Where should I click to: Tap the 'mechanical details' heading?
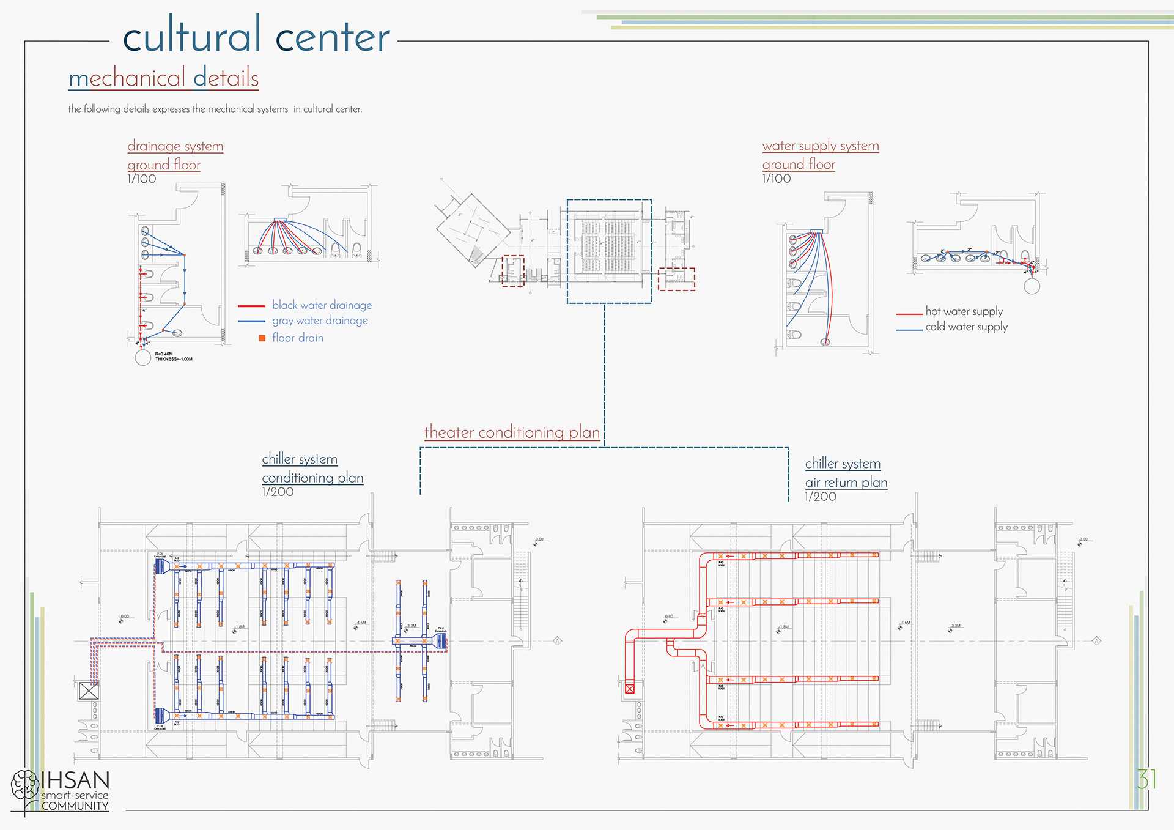pyautogui.click(x=163, y=78)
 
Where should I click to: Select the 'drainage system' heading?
pyautogui.click(x=175, y=146)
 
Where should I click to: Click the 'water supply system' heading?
pyautogui.click(x=820, y=146)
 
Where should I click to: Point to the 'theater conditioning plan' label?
pyautogui.click(x=512, y=432)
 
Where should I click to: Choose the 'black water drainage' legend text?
pyautogui.click(x=322, y=305)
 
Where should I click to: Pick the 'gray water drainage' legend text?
pyautogui.click(x=320, y=321)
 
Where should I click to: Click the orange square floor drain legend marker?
pyautogui.click(x=262, y=338)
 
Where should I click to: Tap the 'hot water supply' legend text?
pyautogui.click(x=964, y=311)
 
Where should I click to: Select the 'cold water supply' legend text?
pyautogui.click(x=966, y=327)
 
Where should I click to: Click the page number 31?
pyautogui.click(x=1146, y=780)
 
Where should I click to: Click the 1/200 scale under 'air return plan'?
pyautogui.click(x=820, y=497)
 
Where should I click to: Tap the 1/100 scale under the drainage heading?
pyautogui.click(x=142, y=179)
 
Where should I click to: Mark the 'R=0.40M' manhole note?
pyautogui.click(x=164, y=354)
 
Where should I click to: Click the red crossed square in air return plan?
pyautogui.click(x=630, y=689)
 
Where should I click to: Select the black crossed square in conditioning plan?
pyautogui.click(x=89, y=691)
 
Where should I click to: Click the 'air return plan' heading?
pyautogui.click(x=846, y=483)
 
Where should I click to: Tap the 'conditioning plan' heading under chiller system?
pyautogui.click(x=312, y=478)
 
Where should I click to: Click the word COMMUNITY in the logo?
pyautogui.click(x=75, y=806)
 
